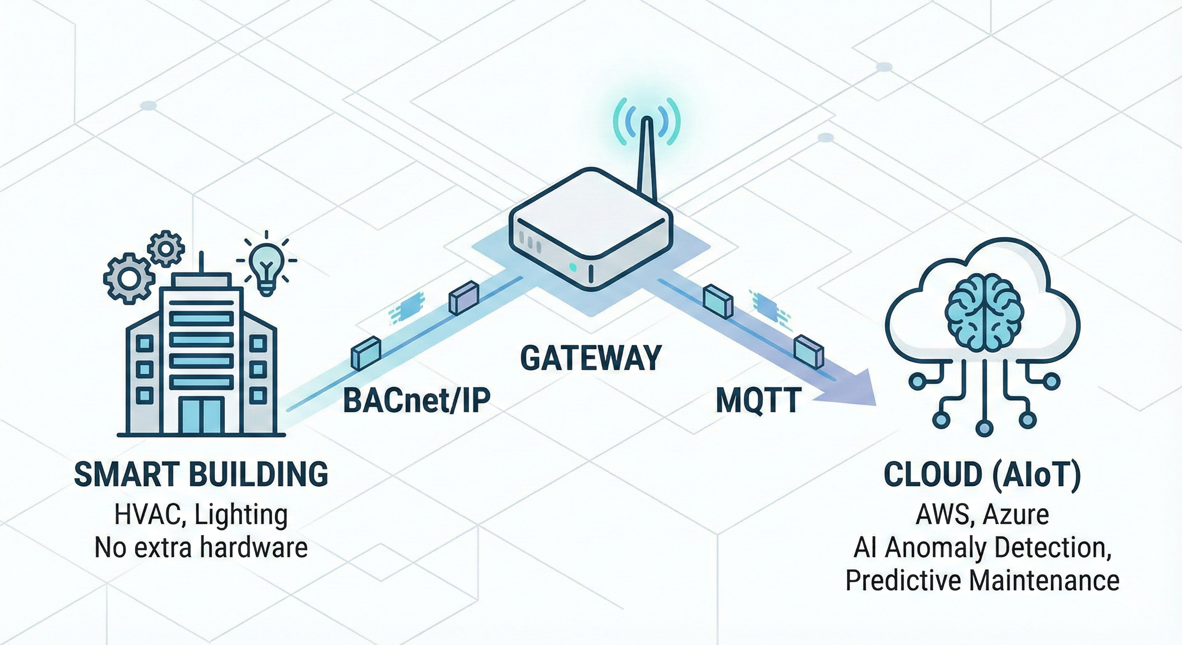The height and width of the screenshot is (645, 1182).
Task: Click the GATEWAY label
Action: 591,358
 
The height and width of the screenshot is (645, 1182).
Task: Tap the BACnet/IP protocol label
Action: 417,400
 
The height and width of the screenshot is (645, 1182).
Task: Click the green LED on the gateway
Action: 572,266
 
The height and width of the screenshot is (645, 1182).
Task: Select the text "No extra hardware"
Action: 201,548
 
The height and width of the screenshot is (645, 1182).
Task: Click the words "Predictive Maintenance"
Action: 982,580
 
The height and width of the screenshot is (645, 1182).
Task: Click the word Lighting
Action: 241,516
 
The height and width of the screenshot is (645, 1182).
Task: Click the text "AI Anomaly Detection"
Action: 982,548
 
